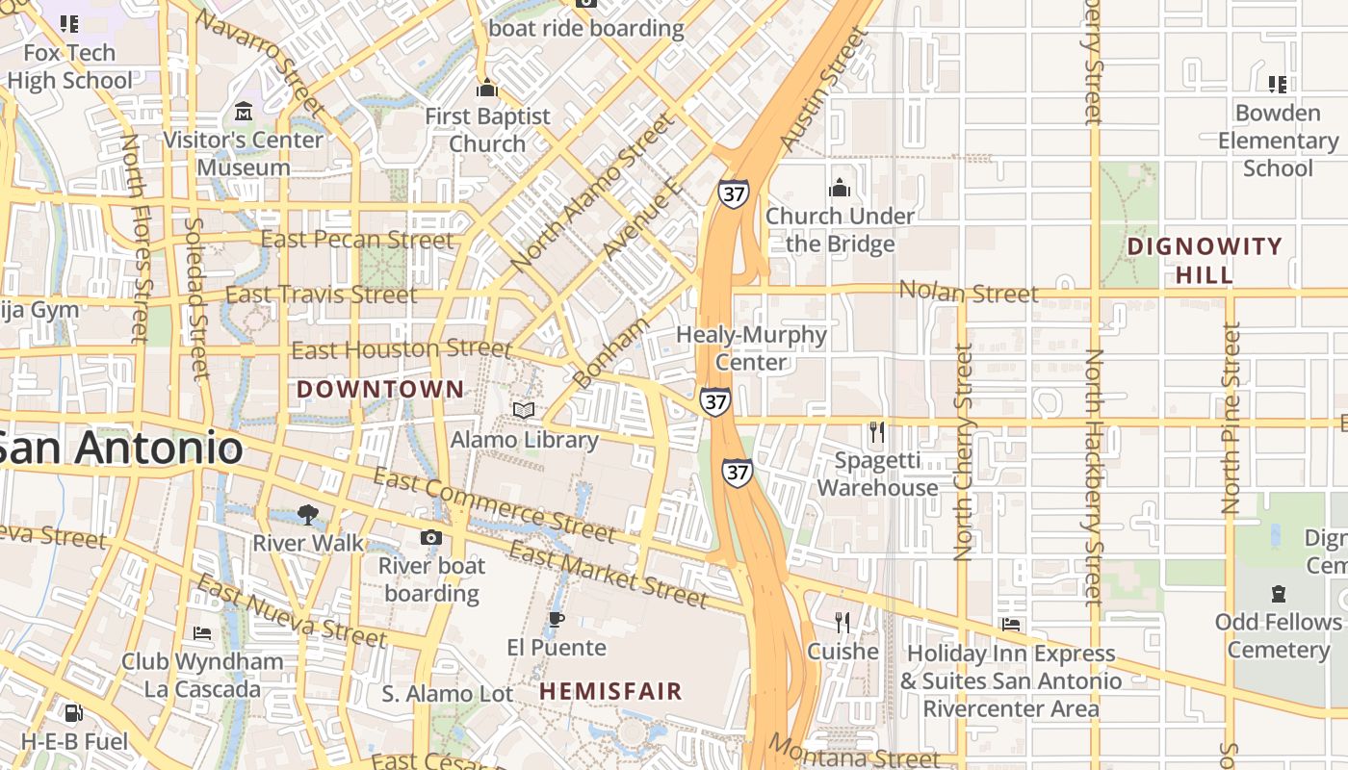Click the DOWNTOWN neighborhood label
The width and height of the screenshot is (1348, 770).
[x=379, y=389]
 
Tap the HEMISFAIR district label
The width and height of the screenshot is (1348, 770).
[x=610, y=691]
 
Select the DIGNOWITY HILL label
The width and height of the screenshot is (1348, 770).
[x=1205, y=260]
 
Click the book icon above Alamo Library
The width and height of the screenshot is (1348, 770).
[x=524, y=411]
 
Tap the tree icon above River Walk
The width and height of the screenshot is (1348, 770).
[x=308, y=514]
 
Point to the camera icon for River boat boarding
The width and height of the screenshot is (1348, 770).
[x=431, y=537]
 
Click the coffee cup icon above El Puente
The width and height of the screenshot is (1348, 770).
[x=556, y=619]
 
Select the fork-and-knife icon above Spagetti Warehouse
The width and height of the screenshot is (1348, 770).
[x=877, y=432]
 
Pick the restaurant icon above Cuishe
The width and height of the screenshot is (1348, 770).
[x=842, y=623]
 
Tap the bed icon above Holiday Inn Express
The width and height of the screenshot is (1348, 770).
[x=1011, y=625]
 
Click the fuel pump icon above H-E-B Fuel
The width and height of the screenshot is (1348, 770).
[x=74, y=713]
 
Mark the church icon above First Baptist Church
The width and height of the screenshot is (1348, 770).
[x=487, y=89]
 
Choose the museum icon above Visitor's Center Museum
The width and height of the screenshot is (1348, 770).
[x=243, y=112]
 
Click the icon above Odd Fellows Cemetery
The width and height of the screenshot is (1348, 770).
[x=1278, y=593]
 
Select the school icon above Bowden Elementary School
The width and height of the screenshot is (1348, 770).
[x=1278, y=85]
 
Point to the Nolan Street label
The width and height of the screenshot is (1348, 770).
[x=968, y=292]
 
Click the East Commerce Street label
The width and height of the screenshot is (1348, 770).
[x=493, y=504]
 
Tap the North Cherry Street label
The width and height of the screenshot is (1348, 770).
[x=963, y=452]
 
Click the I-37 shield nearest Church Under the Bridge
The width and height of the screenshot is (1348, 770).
[x=733, y=192]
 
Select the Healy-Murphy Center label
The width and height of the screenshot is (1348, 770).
[x=751, y=348]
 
